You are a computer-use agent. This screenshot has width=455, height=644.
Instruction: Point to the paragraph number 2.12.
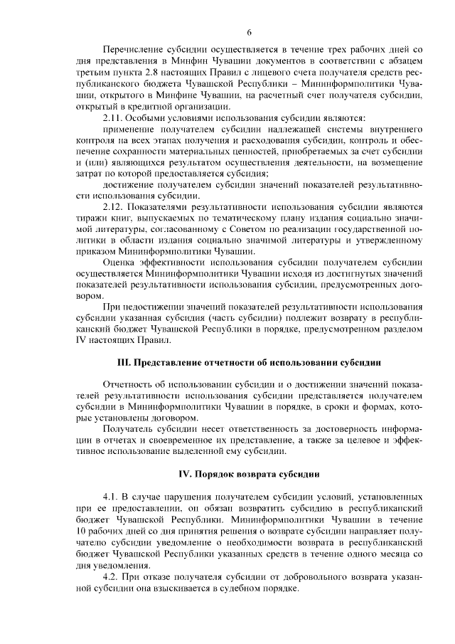coord(114,207)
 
